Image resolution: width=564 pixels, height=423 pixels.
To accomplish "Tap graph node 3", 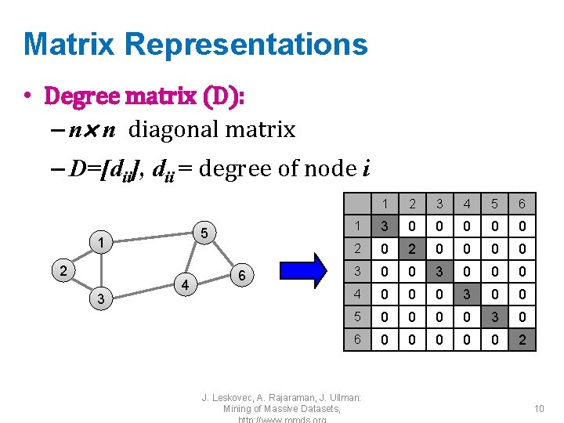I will tap(100, 299).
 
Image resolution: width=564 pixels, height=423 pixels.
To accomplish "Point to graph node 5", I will tap(203, 233).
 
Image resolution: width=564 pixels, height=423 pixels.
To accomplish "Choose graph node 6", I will tap(243, 275).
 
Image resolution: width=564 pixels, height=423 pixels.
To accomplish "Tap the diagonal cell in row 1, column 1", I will tap(385, 227).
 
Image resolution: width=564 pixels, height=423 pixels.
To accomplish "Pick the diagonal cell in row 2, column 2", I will tap(412, 250).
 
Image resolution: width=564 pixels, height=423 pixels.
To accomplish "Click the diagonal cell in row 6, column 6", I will tap(522, 340).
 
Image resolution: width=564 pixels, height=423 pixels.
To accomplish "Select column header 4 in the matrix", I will tap(467, 204).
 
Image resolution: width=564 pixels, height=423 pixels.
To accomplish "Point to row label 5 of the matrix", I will tap(357, 317).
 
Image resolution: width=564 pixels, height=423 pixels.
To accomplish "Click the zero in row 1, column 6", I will tap(522, 227).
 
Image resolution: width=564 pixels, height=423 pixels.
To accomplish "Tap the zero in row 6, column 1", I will tap(385, 340).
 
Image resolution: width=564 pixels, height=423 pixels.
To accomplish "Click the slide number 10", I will tap(538, 408).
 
